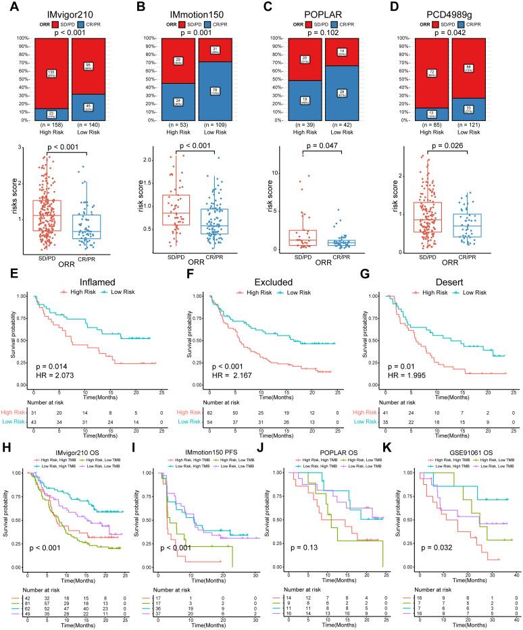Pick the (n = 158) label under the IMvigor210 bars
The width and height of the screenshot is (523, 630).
coord(51,125)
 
